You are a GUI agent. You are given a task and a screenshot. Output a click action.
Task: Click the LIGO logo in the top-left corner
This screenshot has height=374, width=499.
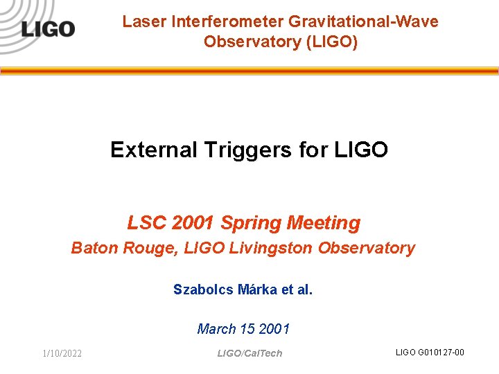point(47,29)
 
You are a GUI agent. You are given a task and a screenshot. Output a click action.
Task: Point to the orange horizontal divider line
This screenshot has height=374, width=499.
point(249,71)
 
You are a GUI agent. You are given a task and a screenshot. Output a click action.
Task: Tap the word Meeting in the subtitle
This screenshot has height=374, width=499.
point(323,223)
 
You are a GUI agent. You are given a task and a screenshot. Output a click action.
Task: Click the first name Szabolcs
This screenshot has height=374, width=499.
point(202,289)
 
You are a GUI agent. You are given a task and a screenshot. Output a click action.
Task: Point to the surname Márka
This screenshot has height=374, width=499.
point(257,289)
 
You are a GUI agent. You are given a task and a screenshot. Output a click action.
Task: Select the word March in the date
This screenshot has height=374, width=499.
point(217,329)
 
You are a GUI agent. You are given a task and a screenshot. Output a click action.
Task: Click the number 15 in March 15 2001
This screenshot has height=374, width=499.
point(247,329)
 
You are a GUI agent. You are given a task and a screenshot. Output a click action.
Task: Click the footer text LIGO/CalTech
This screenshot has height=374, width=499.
point(249,353)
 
